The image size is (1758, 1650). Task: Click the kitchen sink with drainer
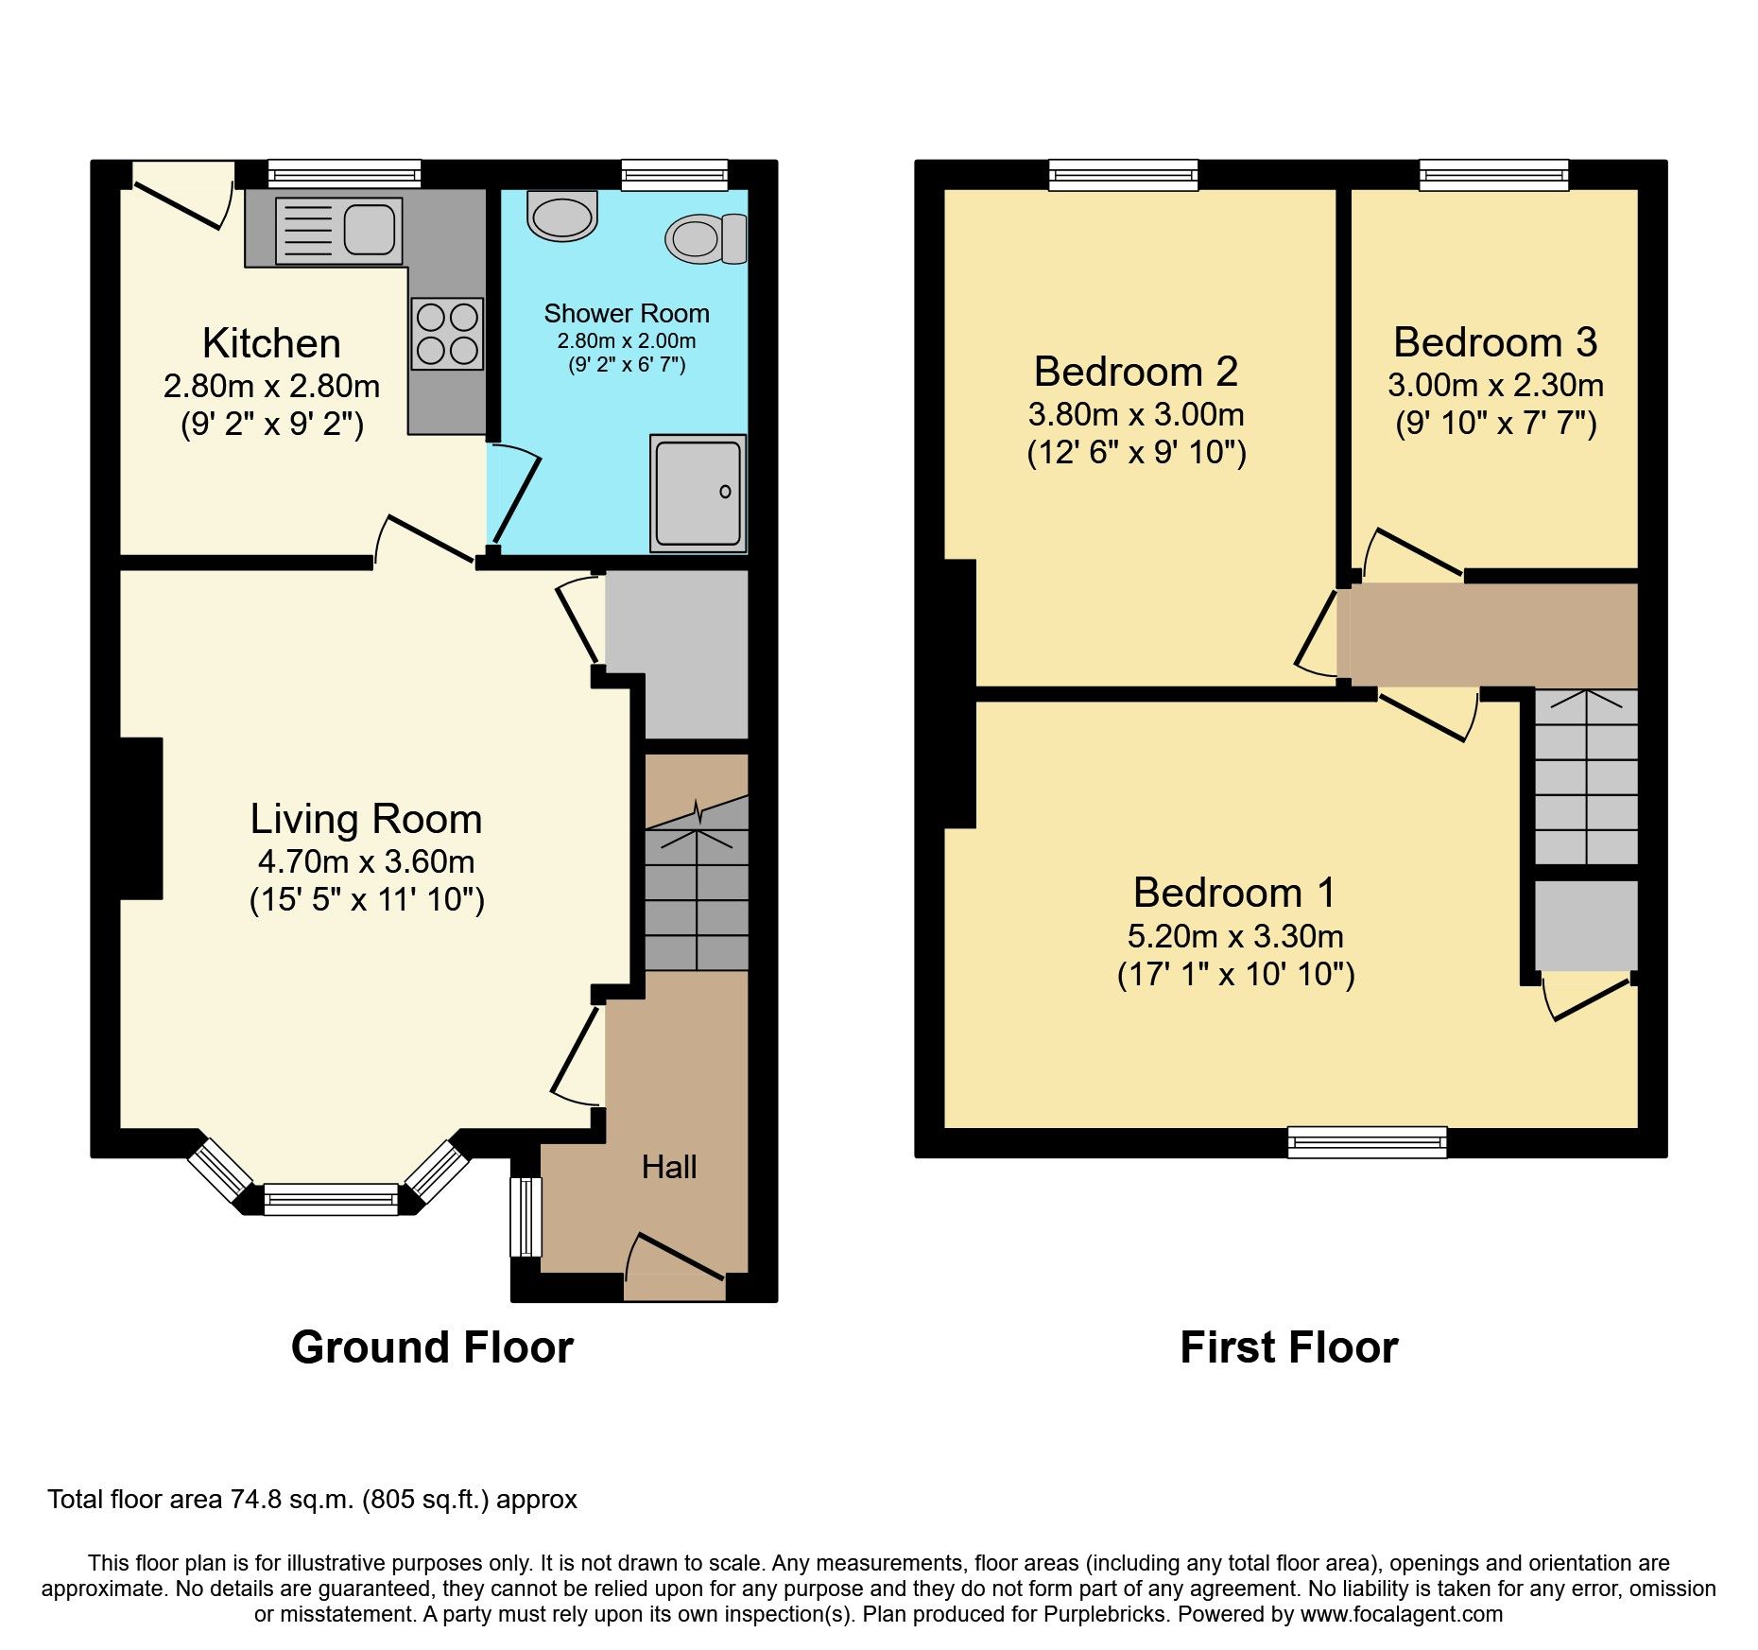click(338, 230)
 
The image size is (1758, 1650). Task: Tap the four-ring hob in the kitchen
click(447, 334)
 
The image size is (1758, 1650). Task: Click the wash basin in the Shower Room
click(562, 216)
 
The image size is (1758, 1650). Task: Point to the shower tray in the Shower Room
click(698, 493)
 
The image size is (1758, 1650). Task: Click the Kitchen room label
click(271, 343)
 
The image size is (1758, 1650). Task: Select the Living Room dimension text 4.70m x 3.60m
click(366, 861)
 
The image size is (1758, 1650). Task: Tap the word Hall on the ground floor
click(669, 1167)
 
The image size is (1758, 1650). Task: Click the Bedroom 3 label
click(1495, 342)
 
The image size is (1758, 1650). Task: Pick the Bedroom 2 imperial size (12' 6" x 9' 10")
click(1136, 453)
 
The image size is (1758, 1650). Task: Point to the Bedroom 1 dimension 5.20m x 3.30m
click(1235, 936)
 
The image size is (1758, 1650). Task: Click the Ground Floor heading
click(432, 1347)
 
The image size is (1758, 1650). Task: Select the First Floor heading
click(1288, 1347)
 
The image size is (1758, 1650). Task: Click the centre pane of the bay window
click(331, 1199)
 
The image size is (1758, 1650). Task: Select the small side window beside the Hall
click(526, 1216)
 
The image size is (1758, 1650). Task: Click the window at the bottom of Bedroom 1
click(1367, 1142)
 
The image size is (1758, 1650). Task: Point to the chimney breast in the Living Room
click(140, 818)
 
